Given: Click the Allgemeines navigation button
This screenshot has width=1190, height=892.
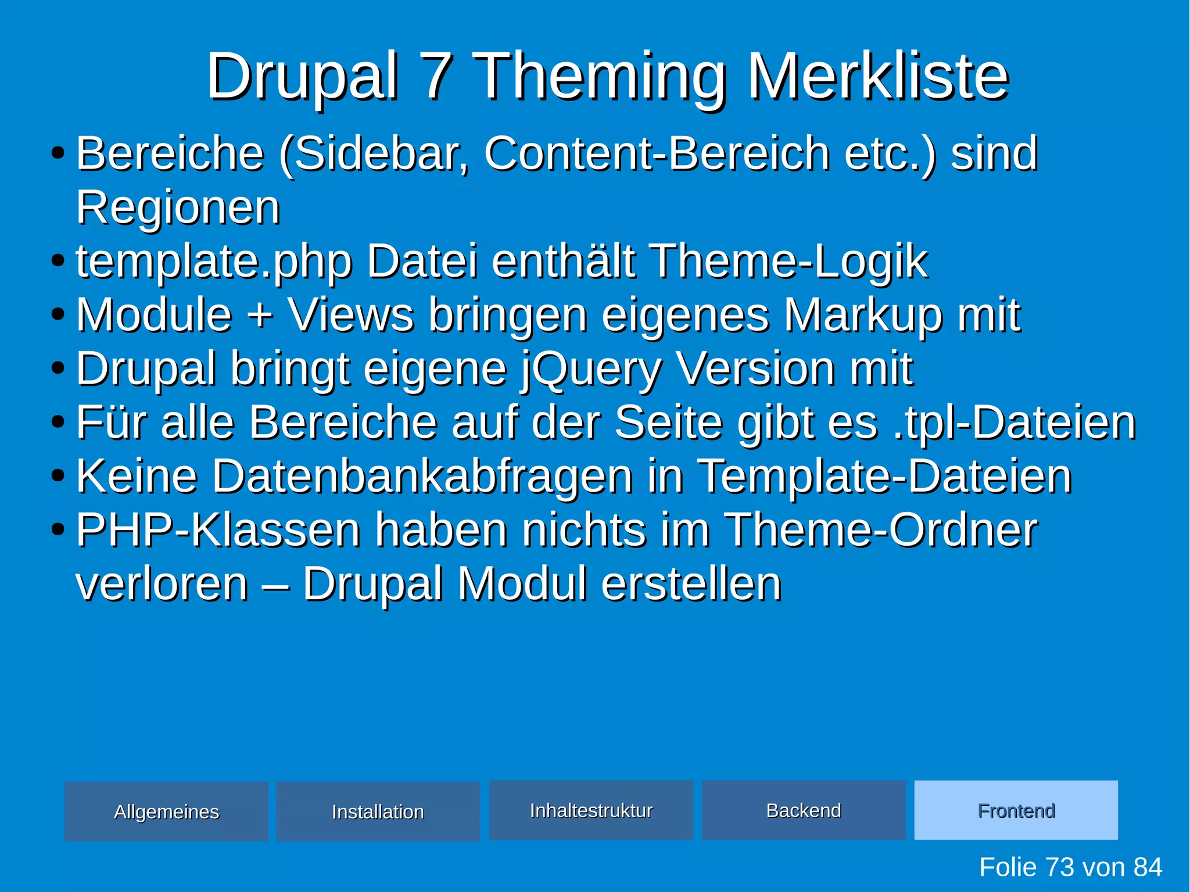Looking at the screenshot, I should [x=166, y=811].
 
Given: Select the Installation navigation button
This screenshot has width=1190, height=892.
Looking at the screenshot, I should [x=378, y=811].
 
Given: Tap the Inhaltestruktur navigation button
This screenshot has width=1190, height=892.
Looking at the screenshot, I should [x=591, y=810].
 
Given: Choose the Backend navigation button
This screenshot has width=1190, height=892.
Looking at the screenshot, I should [x=804, y=810].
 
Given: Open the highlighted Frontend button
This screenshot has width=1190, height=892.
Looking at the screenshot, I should [x=1016, y=810].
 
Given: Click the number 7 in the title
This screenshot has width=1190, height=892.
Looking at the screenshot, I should [x=438, y=76].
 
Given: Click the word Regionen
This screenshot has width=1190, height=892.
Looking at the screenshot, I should [x=178, y=207].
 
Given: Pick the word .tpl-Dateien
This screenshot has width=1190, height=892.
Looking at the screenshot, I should [x=1014, y=422].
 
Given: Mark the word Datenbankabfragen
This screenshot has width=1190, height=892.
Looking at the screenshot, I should [x=422, y=477].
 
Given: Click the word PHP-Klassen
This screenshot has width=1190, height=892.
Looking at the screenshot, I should [x=218, y=530].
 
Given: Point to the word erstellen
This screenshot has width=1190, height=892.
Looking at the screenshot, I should [x=691, y=584].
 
